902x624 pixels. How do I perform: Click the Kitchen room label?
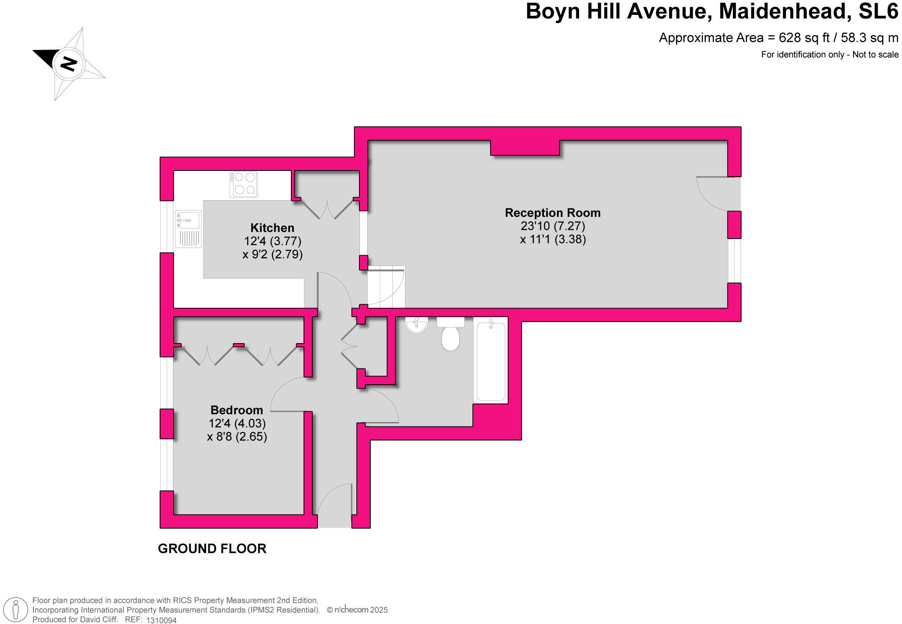(272, 228)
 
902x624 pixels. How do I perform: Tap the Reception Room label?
(552, 213)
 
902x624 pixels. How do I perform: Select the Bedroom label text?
(237, 410)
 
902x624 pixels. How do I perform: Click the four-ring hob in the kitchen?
(244, 184)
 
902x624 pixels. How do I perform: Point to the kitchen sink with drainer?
(188, 229)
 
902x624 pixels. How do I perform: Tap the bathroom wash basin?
(416, 325)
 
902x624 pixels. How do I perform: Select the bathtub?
(491, 361)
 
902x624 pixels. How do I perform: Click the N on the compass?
(69, 64)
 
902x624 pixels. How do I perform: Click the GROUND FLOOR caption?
(212, 549)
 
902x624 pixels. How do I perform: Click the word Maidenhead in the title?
(782, 12)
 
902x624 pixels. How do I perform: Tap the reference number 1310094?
(161, 620)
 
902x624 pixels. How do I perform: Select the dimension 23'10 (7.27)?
(552, 226)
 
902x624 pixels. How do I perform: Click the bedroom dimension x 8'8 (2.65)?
(237, 436)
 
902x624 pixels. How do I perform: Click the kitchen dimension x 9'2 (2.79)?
(272, 254)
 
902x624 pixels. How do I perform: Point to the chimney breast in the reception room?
(525, 147)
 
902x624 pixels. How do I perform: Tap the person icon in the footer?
(16, 610)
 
